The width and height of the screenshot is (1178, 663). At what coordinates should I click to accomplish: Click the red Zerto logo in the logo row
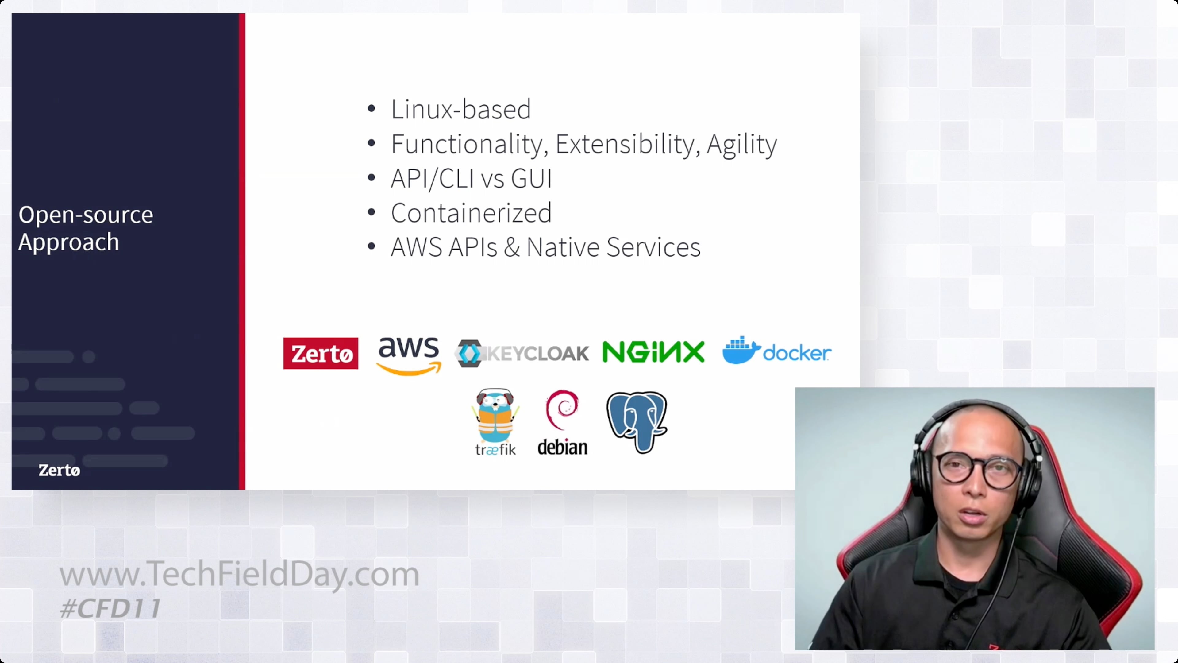pos(321,353)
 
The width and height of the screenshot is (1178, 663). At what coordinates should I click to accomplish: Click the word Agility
pos(741,145)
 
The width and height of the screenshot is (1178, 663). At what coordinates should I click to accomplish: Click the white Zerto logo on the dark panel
pos(59,470)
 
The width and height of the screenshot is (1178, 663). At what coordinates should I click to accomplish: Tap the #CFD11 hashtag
pos(110,608)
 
